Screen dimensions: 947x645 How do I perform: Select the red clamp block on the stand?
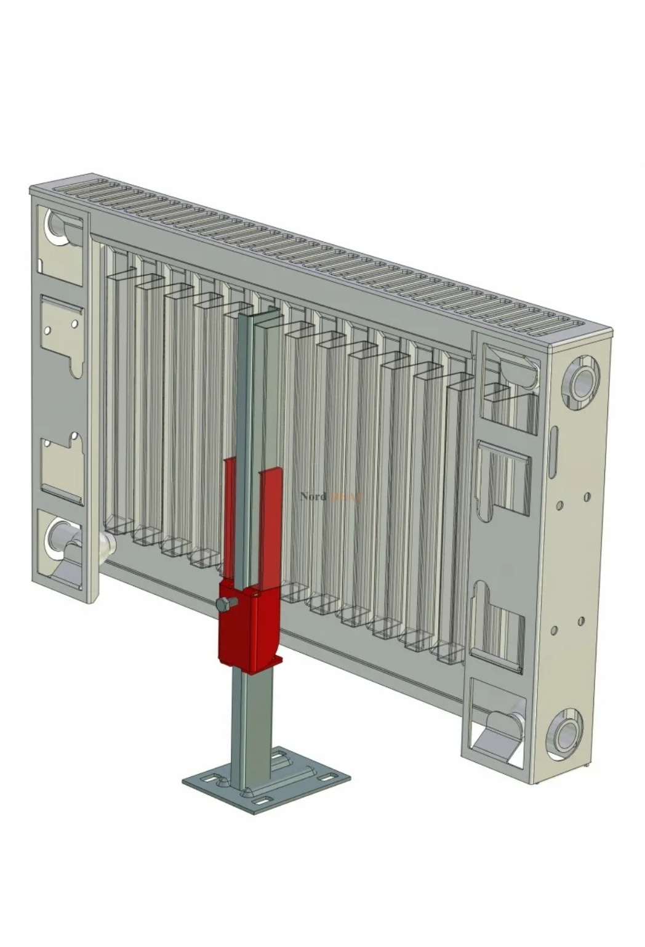pyautogui.click(x=249, y=627)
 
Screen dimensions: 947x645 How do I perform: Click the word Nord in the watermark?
pyautogui.click(x=313, y=496)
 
